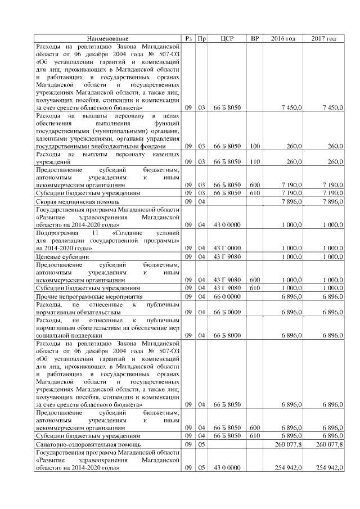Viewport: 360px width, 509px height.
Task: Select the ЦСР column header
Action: (x=227, y=38)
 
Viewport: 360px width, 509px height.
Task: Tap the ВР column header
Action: (x=255, y=38)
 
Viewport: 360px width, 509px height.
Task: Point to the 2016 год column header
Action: (x=283, y=38)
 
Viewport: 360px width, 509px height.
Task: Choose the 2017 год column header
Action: (x=323, y=38)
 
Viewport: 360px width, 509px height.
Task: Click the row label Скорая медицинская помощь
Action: (x=77, y=201)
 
